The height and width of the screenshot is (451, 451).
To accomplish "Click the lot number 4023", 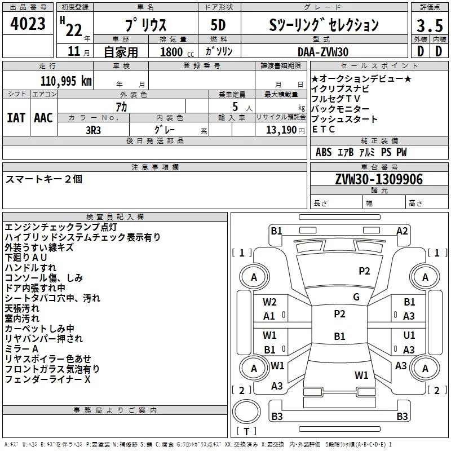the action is [x=28, y=24].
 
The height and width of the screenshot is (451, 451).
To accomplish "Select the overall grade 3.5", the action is [x=430, y=25].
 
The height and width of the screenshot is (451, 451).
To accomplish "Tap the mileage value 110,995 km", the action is [x=66, y=81].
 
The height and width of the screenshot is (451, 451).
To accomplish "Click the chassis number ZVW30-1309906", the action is [x=379, y=179].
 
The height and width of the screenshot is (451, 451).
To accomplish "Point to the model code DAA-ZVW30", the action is [x=323, y=52].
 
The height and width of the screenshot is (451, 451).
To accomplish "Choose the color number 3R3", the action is [x=93, y=130].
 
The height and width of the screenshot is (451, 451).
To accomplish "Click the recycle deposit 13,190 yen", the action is [x=285, y=130].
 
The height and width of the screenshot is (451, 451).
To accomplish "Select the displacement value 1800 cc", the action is [x=177, y=52].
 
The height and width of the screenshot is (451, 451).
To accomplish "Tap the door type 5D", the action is [x=218, y=25].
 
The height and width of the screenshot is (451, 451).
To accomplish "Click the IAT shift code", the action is [x=16, y=118].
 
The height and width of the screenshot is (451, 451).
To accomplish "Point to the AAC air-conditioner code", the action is [x=43, y=118].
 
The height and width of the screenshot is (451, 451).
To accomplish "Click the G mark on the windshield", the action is [x=356, y=297].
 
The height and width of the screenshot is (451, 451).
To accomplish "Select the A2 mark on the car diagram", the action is [x=402, y=231].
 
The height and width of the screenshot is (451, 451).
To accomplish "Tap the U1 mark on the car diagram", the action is [x=409, y=335].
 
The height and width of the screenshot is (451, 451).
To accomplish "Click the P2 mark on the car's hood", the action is [x=364, y=271].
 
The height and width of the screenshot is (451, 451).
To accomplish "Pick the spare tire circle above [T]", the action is [x=246, y=412].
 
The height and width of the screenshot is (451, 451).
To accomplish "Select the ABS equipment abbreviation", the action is [x=324, y=152].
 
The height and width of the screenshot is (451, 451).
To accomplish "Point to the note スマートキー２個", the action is [x=44, y=179].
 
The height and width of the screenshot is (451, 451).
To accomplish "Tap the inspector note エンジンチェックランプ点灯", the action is [x=61, y=227].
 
